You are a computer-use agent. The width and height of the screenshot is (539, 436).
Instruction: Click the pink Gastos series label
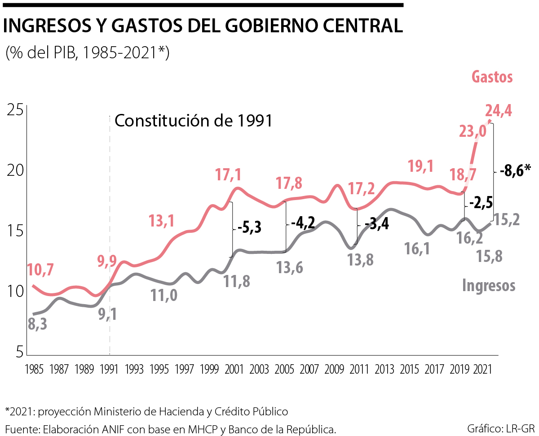tap(492, 77)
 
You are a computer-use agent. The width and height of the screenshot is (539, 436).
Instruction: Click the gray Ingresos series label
tap(488, 285)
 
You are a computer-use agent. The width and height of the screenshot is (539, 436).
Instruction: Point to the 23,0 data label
tap(473, 131)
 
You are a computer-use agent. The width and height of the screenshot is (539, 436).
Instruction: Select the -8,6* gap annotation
tap(515, 170)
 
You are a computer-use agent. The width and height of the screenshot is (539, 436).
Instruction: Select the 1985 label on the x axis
tap(35, 370)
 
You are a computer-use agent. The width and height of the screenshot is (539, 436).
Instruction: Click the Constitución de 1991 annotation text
tap(194, 121)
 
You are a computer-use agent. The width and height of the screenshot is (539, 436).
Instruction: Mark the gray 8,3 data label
tap(38, 324)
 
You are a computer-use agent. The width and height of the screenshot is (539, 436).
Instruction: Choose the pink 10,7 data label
tap(41, 270)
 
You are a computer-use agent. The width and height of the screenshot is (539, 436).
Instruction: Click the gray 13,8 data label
tap(360, 260)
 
